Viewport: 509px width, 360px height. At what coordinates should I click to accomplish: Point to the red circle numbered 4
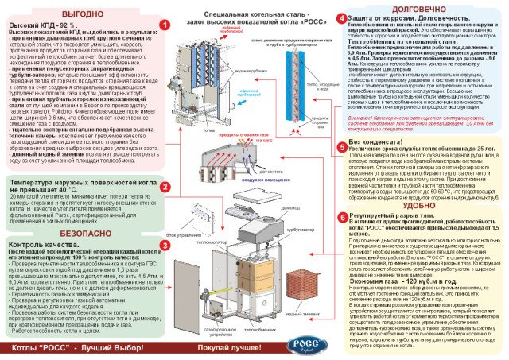pos(342,17)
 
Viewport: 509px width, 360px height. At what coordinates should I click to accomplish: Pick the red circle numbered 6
pos(342,215)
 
